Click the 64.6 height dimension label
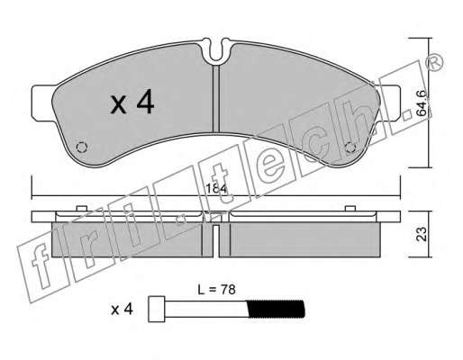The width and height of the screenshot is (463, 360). [422, 103]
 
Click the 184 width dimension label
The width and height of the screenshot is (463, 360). [216, 189]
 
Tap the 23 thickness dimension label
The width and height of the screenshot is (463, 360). [422, 234]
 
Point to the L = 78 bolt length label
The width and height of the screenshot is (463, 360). [216, 290]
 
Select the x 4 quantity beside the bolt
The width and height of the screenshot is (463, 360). [122, 310]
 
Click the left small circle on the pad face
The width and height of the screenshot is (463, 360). [82, 147]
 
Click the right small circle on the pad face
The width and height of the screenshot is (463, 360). [350, 148]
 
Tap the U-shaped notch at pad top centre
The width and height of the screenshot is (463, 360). [216, 51]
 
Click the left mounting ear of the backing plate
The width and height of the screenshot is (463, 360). [43, 103]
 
